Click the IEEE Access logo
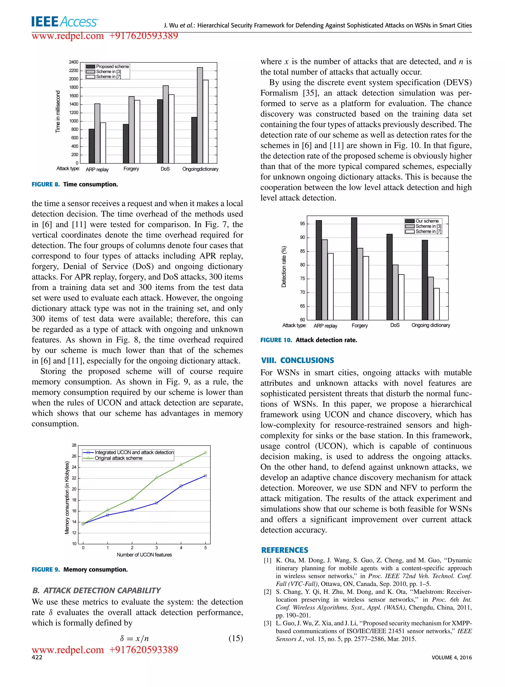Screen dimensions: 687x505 click(x=65, y=22)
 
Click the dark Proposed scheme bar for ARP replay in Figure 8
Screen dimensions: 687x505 click(x=91, y=146)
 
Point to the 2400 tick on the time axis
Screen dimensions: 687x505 click(x=74, y=62)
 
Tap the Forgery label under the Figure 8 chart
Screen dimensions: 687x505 click(x=131, y=169)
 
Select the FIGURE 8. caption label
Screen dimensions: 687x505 click(x=46, y=184)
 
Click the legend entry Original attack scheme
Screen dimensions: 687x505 click(x=118, y=458)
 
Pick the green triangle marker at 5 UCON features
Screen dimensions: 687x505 click(x=205, y=452)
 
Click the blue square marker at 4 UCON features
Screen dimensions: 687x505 click(x=181, y=486)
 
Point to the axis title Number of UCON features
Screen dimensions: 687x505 click(x=144, y=554)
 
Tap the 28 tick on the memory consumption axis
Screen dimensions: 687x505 click(x=74, y=445)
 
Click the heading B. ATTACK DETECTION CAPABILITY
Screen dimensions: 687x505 click(x=96, y=590)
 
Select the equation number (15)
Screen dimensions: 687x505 click(x=235, y=638)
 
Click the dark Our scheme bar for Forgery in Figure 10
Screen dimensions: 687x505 click(x=354, y=268)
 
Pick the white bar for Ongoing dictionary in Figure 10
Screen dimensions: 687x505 click(x=436, y=304)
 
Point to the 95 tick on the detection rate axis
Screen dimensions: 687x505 click(x=302, y=224)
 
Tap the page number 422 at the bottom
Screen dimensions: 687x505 click(x=37, y=657)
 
